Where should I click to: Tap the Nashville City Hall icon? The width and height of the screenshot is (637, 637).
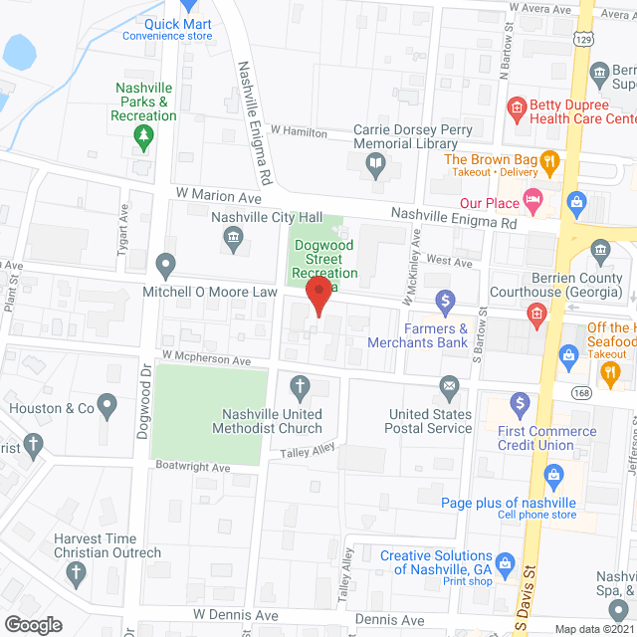[233, 236]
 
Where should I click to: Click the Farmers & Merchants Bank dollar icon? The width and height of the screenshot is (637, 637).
[446, 299]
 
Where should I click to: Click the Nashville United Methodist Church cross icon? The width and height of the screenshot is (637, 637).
[299, 385]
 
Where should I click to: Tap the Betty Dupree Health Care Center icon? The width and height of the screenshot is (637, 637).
[516, 106]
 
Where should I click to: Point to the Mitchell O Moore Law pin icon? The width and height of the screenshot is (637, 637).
[165, 266]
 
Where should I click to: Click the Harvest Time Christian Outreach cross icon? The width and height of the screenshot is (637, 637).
[75, 572]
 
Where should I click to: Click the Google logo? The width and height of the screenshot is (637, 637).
[32, 624]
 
